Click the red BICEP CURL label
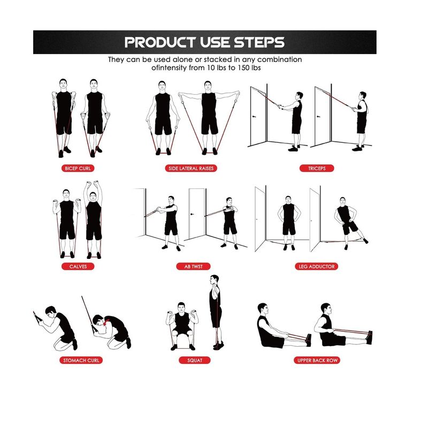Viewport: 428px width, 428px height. point(78,168)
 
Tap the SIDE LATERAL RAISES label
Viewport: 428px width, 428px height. point(191,168)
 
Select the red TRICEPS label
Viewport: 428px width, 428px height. point(317,168)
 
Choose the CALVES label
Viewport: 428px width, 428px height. point(78,266)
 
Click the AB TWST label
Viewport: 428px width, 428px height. point(193,266)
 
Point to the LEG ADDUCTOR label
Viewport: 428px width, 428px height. point(316,266)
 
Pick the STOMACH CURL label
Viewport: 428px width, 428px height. point(81,360)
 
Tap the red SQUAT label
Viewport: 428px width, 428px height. point(195,360)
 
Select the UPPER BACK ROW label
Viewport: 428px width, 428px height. point(317,360)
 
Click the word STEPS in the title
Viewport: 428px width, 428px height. point(259,42)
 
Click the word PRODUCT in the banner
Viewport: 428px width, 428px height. point(160,42)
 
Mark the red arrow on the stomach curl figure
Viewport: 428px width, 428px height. point(106,322)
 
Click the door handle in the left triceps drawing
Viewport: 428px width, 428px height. point(254,117)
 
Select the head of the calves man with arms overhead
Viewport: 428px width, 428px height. point(93,196)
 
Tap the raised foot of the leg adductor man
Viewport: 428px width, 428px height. point(365,240)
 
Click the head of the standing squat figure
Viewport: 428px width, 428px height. point(215,280)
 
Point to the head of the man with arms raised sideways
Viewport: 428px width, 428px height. point(208,86)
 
